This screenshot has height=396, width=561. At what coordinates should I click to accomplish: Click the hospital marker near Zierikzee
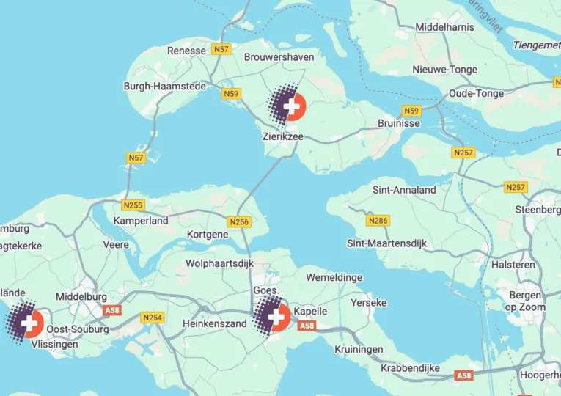[291, 106]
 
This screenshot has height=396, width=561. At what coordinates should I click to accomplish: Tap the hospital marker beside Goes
[277, 317]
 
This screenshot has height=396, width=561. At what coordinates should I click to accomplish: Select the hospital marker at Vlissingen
[29, 323]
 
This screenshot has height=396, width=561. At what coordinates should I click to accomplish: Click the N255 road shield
[133, 205]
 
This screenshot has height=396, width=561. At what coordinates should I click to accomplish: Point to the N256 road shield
[239, 221]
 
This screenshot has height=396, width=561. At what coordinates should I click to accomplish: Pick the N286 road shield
[378, 220]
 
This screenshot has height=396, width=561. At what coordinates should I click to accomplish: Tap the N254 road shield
[153, 318]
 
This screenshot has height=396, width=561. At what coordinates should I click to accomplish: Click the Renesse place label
[187, 51]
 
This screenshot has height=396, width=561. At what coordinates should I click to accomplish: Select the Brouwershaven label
[279, 56]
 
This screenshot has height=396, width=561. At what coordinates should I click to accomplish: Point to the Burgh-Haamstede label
[164, 86]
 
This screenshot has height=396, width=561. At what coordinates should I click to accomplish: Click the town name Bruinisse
[399, 123]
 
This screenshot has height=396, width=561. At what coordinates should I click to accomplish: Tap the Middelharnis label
[444, 27]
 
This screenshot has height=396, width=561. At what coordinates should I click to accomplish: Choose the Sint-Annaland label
[404, 190]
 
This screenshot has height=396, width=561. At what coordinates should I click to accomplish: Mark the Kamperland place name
[141, 220]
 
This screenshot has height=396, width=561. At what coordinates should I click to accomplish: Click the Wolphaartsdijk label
[219, 263]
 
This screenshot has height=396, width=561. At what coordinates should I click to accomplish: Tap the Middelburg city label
[81, 296]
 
